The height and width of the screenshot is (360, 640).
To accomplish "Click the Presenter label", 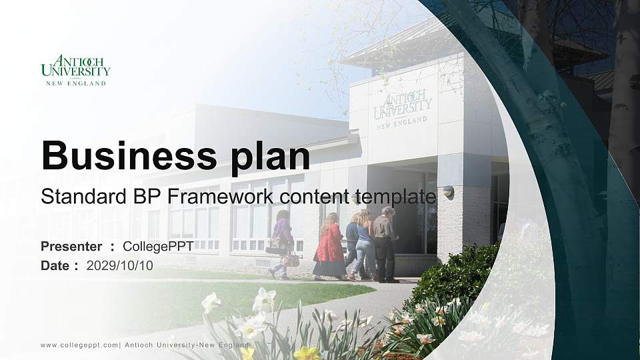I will pyautogui.click(x=71, y=247).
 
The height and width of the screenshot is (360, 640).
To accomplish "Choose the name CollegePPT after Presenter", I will pyautogui.click(x=158, y=247).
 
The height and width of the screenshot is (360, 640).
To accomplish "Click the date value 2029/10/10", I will pyautogui.click(x=119, y=265).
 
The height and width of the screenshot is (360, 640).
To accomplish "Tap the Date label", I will pyautogui.click(x=55, y=265).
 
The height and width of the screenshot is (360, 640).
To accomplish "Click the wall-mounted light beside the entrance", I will pyautogui.click(x=449, y=191).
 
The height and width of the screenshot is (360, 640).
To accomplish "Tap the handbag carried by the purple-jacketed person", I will pyautogui.click(x=291, y=259).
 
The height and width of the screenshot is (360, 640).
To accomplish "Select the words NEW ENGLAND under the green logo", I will pyautogui.click(x=75, y=83).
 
